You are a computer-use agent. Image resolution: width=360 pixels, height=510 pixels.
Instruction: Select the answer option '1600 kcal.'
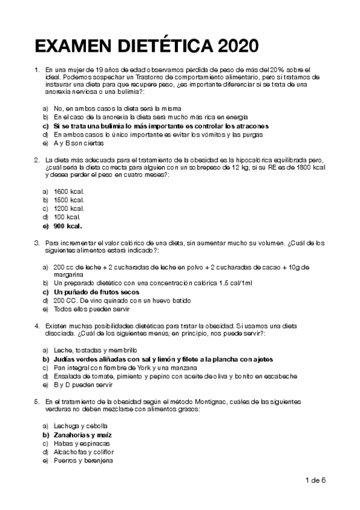point(69,191)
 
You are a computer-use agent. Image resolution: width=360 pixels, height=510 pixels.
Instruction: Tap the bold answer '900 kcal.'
point(67,226)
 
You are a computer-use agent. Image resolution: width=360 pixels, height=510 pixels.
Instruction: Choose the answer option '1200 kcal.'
point(69,208)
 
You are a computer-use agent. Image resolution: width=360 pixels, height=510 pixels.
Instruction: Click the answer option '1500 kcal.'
point(69,200)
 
